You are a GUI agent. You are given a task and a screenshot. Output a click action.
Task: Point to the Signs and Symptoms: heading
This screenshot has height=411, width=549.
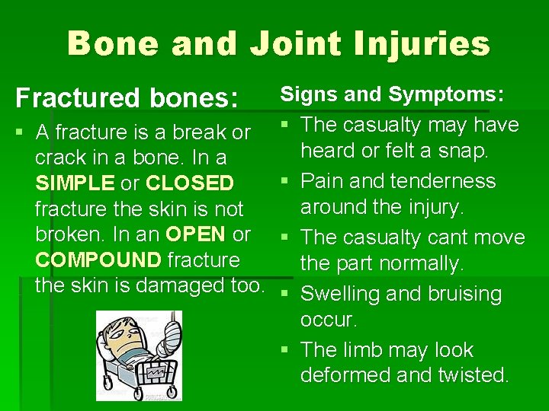click(x=392, y=94)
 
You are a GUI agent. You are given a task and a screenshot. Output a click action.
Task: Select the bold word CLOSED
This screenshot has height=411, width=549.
click(x=189, y=183)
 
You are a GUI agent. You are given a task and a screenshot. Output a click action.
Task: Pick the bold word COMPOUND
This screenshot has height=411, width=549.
click(x=98, y=260)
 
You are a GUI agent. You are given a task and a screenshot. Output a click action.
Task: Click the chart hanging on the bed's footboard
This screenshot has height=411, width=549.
click(x=163, y=372)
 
